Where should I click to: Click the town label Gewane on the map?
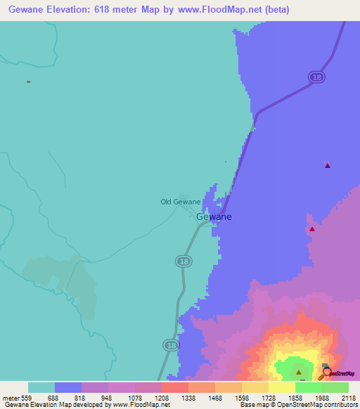(213, 216)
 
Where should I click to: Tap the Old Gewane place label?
(181, 202)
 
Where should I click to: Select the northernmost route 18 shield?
(317, 77)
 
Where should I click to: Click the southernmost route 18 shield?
(170, 345)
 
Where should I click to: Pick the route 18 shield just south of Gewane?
(182, 261)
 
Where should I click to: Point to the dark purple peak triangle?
(327, 166)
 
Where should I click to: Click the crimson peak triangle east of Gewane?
(312, 228)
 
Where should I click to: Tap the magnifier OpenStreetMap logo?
(326, 372)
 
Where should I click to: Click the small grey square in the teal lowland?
(28, 82)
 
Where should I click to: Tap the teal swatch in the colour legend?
(41, 387)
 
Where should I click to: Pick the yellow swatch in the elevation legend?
(281, 387)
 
